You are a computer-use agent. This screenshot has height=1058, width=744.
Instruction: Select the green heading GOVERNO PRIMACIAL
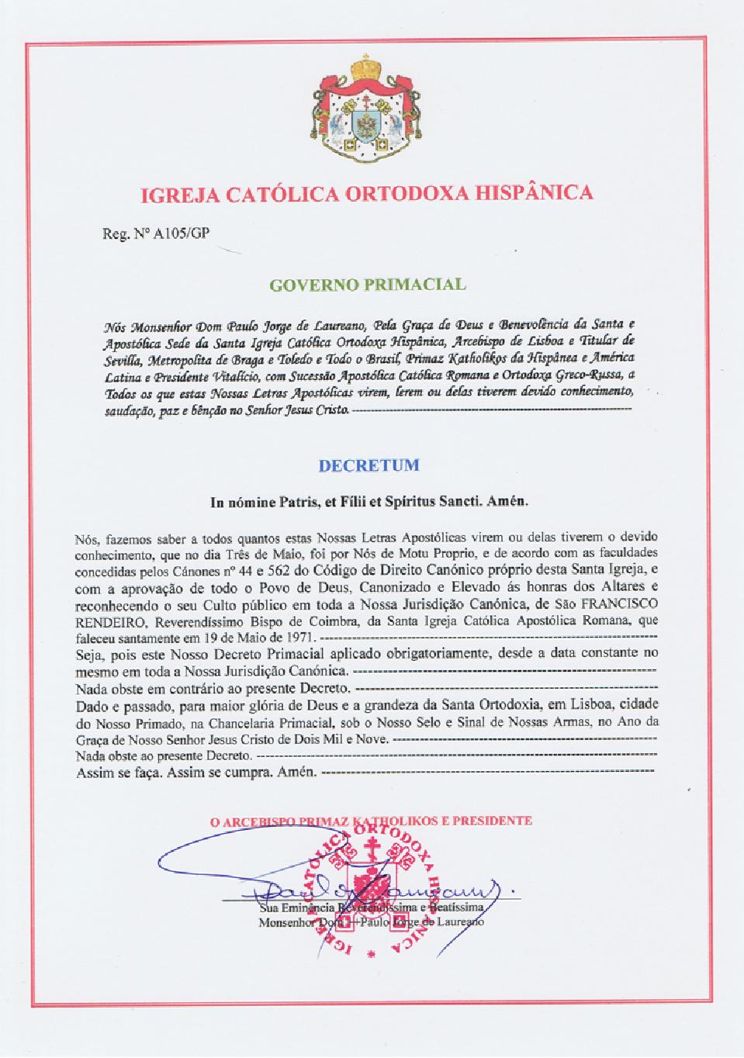(368, 284)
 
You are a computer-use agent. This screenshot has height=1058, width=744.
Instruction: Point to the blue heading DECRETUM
(369, 466)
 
